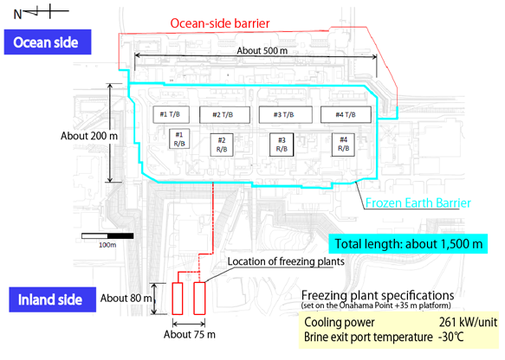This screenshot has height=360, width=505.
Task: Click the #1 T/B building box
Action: (x=171, y=114)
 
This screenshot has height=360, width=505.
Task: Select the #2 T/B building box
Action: (x=224, y=115)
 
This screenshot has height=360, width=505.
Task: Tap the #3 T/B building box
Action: (x=285, y=114)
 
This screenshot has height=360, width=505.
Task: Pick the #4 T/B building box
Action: (x=346, y=115)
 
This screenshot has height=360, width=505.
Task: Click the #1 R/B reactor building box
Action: (x=179, y=138)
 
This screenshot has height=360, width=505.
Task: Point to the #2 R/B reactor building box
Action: (x=222, y=145)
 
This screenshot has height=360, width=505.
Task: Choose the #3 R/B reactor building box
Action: (x=282, y=145)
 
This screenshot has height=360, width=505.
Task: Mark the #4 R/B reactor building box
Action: (x=343, y=145)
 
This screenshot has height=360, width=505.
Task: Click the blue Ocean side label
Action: (x=48, y=42)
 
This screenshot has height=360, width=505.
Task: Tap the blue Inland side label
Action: (x=53, y=299)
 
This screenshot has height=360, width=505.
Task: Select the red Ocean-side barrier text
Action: (x=220, y=23)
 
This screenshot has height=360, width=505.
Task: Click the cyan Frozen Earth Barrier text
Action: (x=418, y=203)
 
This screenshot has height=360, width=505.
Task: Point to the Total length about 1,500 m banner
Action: (x=408, y=244)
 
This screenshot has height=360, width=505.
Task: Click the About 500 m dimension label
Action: (x=262, y=50)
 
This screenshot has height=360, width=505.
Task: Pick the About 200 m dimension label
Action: (x=89, y=136)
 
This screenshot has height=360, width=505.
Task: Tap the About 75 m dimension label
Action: (x=190, y=335)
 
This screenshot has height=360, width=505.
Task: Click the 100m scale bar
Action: (x=107, y=236)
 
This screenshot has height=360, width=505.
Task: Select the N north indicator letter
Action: (x=17, y=15)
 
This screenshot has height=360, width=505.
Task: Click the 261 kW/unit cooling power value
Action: (x=468, y=322)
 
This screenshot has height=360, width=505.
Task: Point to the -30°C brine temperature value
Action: (x=451, y=337)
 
